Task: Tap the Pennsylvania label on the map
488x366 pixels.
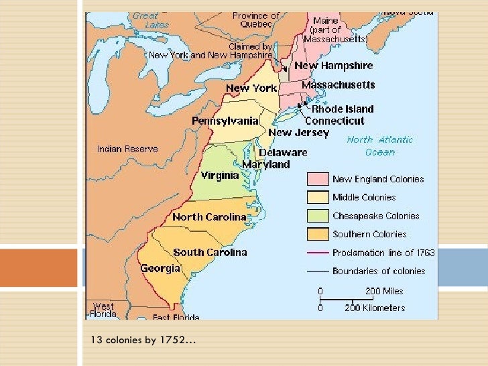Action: click(225, 121)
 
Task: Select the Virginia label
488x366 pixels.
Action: click(219, 176)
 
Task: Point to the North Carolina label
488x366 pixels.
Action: click(209, 217)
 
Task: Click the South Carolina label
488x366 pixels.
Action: click(210, 253)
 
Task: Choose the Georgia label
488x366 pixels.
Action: click(160, 268)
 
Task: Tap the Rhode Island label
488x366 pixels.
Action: click(343, 109)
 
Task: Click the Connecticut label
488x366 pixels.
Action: click(334, 121)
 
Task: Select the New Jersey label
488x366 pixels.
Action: click(299, 133)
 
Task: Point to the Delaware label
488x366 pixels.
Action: click(283, 152)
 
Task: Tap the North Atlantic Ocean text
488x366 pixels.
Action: click(379, 145)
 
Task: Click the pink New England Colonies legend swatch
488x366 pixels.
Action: click(317, 179)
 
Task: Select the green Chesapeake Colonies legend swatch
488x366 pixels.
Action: click(317, 216)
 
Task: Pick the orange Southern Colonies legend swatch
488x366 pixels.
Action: click(317, 234)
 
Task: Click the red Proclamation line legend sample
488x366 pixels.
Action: click(317, 253)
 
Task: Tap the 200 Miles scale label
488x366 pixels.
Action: click(383, 292)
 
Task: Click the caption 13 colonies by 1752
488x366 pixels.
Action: click(143, 341)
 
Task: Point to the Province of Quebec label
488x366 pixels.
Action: click(256, 19)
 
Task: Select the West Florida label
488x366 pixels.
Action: click(103, 310)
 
